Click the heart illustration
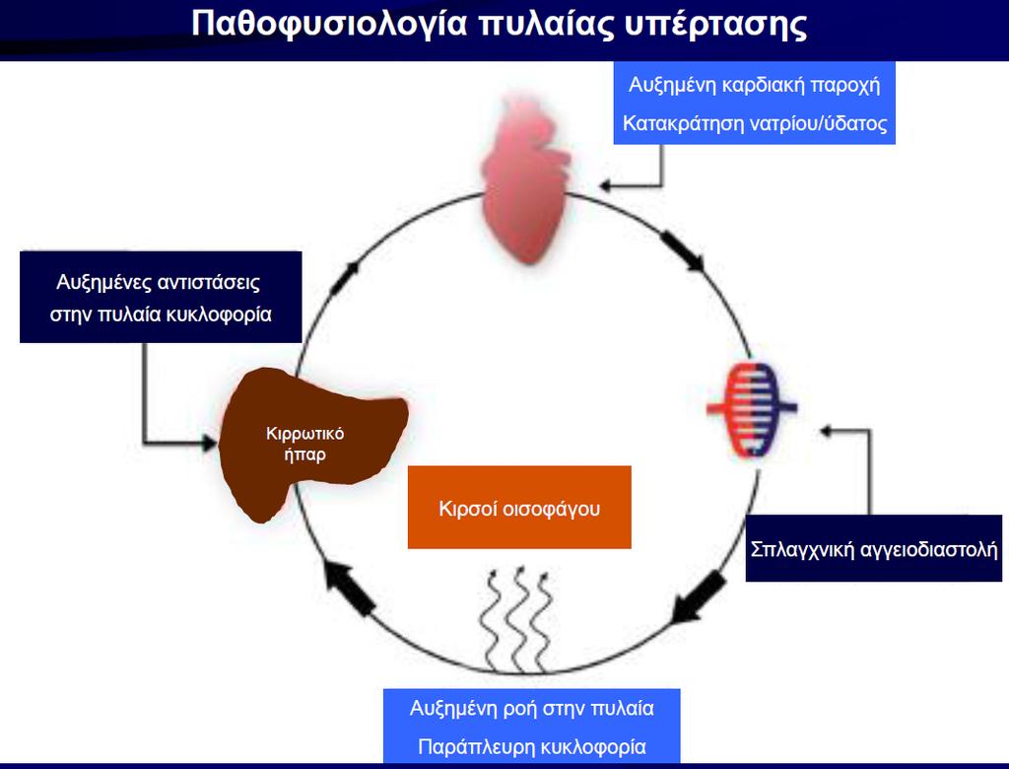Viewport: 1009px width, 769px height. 526,180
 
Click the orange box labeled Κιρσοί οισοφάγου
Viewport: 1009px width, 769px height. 519,508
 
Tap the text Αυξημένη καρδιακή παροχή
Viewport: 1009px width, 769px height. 754,85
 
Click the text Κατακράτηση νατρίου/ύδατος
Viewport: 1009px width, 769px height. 755,123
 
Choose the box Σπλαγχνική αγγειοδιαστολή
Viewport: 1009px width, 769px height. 874,549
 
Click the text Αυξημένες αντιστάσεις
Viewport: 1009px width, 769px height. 159,282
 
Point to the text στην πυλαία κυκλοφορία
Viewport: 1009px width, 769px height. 161,315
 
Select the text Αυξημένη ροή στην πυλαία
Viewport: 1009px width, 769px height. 531,709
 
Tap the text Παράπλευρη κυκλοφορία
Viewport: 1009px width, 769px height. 531,747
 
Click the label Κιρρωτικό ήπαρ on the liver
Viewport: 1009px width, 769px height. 305,444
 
